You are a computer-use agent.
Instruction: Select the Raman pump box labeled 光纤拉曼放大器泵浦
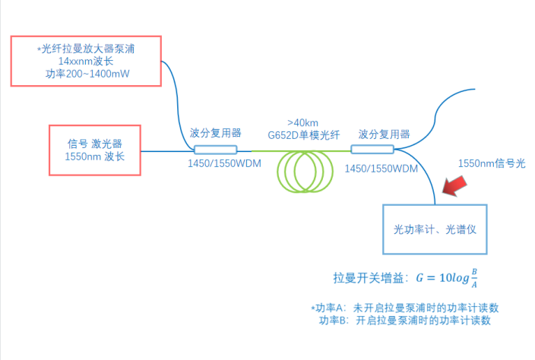coord(85,60)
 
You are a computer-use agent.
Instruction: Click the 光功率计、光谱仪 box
coord(434,228)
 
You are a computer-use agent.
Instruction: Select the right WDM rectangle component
coord(373,149)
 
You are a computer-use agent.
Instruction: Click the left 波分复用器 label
coord(215,132)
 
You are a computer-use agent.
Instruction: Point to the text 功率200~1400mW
coord(85,74)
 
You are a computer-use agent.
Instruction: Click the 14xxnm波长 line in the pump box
coord(85,62)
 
